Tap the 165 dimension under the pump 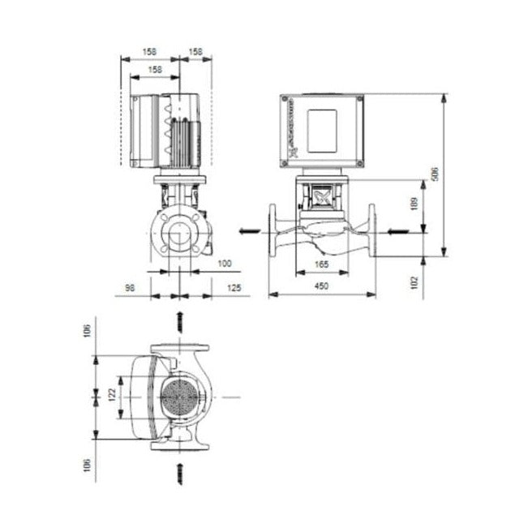click(322, 264)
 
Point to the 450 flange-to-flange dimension click(322, 285)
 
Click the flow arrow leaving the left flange click(247, 231)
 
